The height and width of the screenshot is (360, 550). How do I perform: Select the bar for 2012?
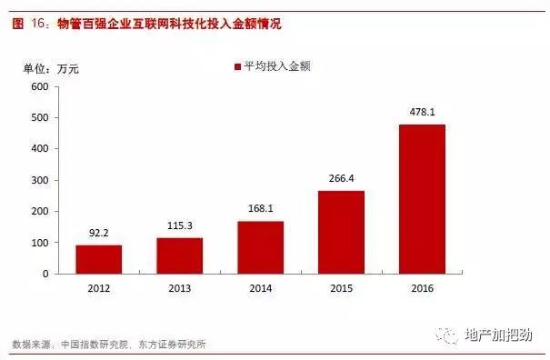pos(99,259)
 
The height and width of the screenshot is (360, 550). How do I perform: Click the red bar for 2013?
pos(180,255)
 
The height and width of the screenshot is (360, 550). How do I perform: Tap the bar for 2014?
pos(261,247)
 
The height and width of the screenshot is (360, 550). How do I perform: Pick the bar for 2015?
pos(342,232)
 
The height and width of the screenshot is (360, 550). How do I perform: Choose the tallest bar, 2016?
pos(423,198)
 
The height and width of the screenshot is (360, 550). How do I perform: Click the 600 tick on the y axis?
pos(38,87)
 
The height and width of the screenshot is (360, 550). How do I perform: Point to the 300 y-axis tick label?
pos(38,180)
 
